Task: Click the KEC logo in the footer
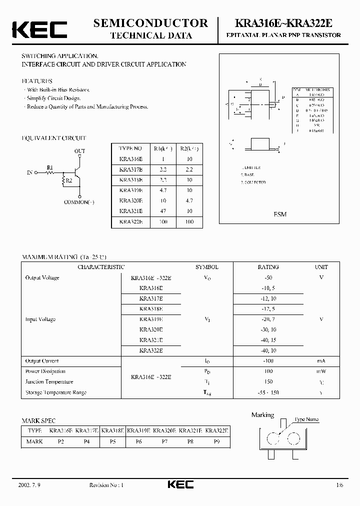click(180, 484)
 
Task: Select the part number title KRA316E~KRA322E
click(286, 23)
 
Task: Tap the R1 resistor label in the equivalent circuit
click(49, 167)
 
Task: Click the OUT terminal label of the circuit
click(79, 150)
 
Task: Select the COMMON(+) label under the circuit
click(79, 202)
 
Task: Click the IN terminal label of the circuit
click(29, 172)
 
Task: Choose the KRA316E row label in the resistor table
click(130, 159)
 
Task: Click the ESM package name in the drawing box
click(280, 214)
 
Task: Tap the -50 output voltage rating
click(268, 277)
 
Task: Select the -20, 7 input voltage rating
click(268, 319)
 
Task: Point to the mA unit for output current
click(321, 361)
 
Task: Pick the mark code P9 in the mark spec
click(217, 441)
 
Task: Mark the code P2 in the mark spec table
click(61, 441)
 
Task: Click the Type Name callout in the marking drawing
click(306, 420)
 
